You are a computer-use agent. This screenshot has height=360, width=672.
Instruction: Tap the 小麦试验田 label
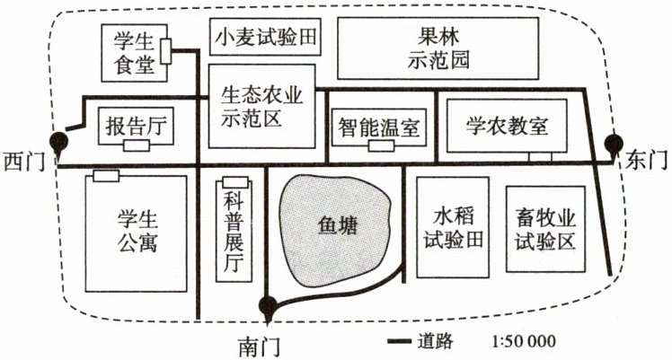coord(264,38)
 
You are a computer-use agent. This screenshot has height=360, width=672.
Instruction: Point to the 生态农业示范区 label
coord(261,106)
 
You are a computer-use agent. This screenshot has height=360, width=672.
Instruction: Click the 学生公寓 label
coord(137,231)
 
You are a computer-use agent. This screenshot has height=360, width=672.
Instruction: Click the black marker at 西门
coord(58,141)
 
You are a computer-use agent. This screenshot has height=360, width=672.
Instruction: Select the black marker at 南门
coord(266,304)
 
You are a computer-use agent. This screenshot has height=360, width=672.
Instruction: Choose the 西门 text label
coord(24,162)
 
